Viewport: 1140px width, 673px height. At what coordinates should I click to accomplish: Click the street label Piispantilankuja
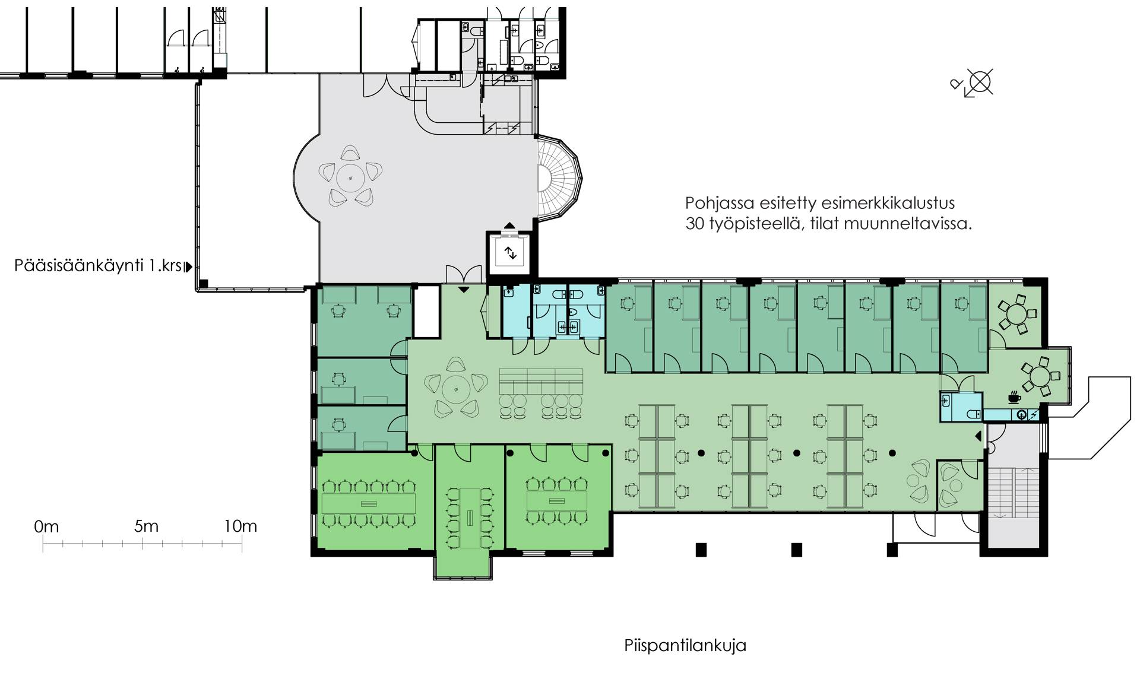[685, 646]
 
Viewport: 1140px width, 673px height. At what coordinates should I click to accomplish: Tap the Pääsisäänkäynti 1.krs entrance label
[98, 266]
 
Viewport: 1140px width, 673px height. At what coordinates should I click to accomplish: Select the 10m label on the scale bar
[240, 526]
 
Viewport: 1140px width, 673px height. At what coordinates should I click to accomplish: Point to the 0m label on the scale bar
[46, 526]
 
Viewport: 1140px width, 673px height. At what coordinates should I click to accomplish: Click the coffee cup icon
[1014, 397]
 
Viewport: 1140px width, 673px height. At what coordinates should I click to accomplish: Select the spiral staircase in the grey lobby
[559, 177]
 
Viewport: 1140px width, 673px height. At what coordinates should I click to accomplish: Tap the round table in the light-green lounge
[455, 389]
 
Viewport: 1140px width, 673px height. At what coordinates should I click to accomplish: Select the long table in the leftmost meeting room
[368, 504]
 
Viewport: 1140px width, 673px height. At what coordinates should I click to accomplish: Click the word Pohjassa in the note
[720, 204]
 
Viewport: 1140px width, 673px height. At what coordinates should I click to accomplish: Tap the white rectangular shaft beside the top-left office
[426, 312]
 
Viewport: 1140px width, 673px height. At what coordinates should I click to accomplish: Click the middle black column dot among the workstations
[797, 453]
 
